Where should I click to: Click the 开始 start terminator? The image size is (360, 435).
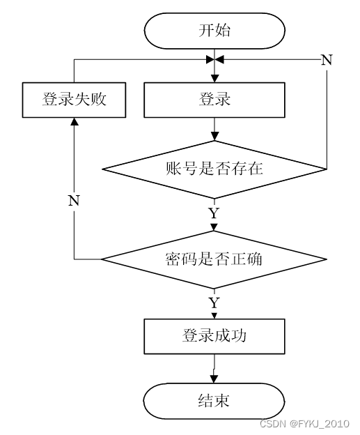click(214, 31)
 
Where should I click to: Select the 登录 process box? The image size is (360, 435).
click(214, 100)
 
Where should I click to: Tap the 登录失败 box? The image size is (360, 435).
click(74, 100)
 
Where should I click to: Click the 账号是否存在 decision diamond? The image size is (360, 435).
click(214, 169)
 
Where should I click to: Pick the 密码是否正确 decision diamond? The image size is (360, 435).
click(214, 259)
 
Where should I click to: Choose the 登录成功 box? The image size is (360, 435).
click(214, 336)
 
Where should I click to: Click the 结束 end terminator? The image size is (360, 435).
click(214, 401)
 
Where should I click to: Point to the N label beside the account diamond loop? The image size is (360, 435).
click(327, 60)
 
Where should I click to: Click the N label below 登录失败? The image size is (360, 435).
click(74, 200)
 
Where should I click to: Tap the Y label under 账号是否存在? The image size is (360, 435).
click(214, 213)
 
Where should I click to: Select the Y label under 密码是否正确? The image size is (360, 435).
click(214, 303)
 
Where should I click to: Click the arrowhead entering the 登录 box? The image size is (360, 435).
click(214, 79)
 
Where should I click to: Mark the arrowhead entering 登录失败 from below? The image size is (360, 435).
click(74, 121)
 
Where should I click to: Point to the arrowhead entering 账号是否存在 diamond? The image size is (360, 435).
click(214, 137)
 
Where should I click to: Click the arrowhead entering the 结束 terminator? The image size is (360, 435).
click(214, 379)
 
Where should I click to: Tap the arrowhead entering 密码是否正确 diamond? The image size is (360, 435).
click(214, 227)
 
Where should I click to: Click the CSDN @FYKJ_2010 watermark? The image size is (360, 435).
click(304, 424)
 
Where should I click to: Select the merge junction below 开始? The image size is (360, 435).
click(214, 59)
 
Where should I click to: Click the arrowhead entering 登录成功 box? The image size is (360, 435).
click(214, 316)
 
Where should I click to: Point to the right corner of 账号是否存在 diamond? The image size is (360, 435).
click(327, 169)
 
